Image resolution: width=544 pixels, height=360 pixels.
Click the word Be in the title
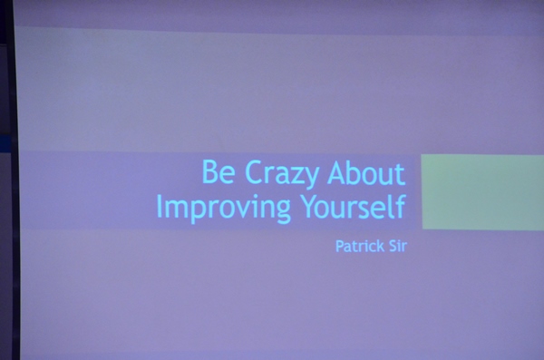click(219, 171)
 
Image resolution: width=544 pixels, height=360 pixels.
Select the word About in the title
click(366, 172)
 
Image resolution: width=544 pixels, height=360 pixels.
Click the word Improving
click(224, 208)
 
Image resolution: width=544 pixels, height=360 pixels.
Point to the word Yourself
click(354, 206)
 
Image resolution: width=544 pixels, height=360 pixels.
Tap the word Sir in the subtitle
click(398, 246)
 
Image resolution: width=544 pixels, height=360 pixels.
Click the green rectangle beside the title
click(482, 192)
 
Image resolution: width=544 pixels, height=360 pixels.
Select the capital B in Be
click(210, 171)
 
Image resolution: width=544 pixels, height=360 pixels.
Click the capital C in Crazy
click(254, 172)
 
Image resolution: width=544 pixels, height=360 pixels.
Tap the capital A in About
click(337, 172)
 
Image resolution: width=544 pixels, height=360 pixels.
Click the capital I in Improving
click(159, 206)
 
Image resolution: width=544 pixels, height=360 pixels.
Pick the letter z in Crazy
click(295, 175)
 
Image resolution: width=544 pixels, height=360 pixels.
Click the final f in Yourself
click(401, 206)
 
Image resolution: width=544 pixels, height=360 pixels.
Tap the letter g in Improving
click(283, 212)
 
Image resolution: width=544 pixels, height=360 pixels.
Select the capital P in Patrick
click(340, 246)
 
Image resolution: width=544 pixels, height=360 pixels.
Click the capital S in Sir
click(393, 246)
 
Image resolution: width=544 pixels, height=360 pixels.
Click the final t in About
click(401, 174)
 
